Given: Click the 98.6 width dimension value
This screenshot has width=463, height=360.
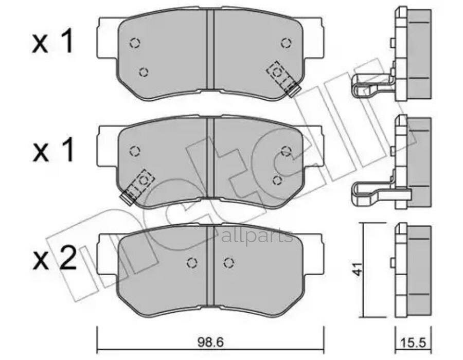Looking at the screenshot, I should [x=211, y=341].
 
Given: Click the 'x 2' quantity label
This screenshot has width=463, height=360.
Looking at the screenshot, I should [x=55, y=258].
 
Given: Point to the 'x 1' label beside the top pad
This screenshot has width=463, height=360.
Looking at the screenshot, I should [x=55, y=44].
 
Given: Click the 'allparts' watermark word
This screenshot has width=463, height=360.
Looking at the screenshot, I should [x=257, y=236].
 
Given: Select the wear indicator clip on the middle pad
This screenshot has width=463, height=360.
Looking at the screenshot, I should [x=136, y=186].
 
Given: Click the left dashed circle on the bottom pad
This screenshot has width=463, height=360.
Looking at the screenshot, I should [x=192, y=263].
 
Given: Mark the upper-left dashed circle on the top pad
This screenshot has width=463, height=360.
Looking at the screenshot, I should [x=134, y=43].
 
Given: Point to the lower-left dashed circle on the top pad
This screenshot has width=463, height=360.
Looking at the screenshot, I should [x=144, y=72].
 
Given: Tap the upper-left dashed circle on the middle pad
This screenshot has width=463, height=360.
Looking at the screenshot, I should [x=134, y=151].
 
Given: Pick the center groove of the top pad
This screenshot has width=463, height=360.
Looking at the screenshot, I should [x=210, y=51].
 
